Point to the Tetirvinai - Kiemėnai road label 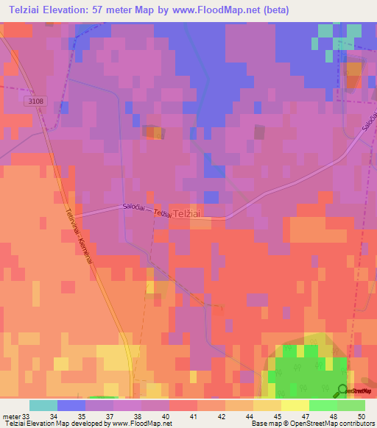78,237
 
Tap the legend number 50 360,415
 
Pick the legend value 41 192,415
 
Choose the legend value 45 276,415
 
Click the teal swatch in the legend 43,405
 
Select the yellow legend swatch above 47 295,405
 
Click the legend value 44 248,415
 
